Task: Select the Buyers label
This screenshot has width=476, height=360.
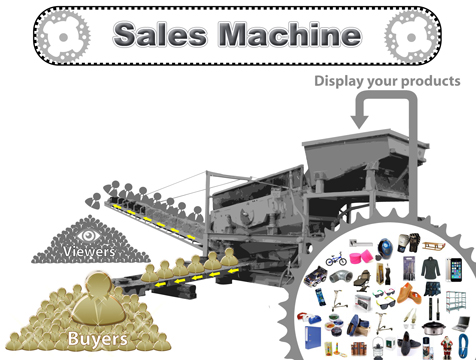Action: point(97,339)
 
